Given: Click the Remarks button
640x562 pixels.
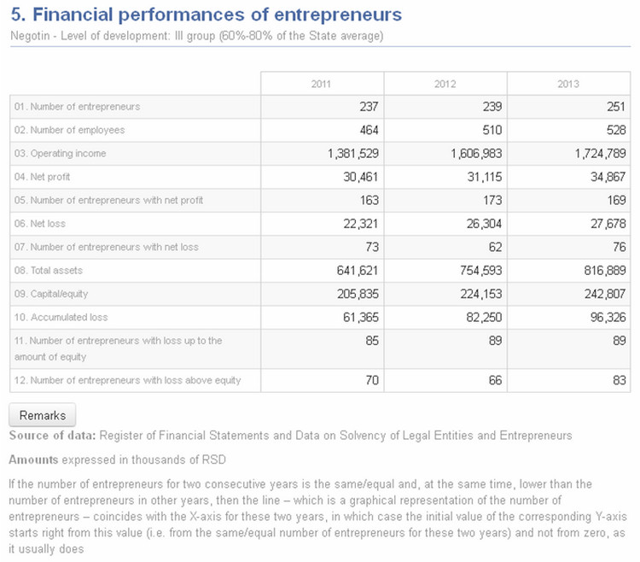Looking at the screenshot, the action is point(43,415).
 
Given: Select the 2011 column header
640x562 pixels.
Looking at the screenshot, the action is point(321,85).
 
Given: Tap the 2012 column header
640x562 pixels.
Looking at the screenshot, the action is point(445,85).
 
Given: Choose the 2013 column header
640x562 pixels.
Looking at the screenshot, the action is point(568,85).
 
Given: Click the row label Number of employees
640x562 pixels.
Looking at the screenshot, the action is point(69,130).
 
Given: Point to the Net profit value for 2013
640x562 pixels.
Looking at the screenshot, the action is point(608,177).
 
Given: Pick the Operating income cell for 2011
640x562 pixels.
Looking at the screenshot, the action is point(353,154).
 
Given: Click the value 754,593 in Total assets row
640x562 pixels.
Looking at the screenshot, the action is point(480,271).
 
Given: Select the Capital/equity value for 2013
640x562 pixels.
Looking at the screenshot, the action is point(605,294).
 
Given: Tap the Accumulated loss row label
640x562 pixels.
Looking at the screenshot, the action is point(61,318).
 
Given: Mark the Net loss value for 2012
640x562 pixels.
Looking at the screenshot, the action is point(484,224).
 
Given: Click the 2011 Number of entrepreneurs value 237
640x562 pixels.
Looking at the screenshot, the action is point(369,107).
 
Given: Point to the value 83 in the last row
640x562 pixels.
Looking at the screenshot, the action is point(620,380).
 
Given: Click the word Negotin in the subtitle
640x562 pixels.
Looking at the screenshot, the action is point(30,36).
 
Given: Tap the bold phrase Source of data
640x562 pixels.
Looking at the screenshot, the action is point(52,436).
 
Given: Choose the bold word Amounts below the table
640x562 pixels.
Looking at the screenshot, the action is point(33,460).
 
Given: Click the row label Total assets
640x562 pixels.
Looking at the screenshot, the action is point(49,271).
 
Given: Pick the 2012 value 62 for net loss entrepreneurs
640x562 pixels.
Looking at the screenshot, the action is point(495,247).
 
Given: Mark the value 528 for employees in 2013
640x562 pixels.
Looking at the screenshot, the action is point(616,131).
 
